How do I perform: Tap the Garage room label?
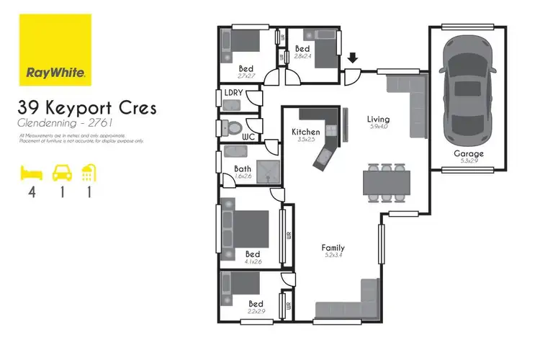click(x=468, y=154)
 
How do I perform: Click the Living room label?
click(x=378, y=120)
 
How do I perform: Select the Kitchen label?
click(x=306, y=132)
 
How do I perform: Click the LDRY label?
click(x=233, y=94)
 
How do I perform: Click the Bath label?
click(x=242, y=169)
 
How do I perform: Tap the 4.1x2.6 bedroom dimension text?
click(x=253, y=263)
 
